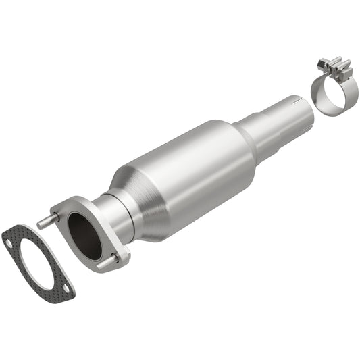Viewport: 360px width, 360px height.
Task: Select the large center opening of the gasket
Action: pyautogui.click(x=37, y=261)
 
